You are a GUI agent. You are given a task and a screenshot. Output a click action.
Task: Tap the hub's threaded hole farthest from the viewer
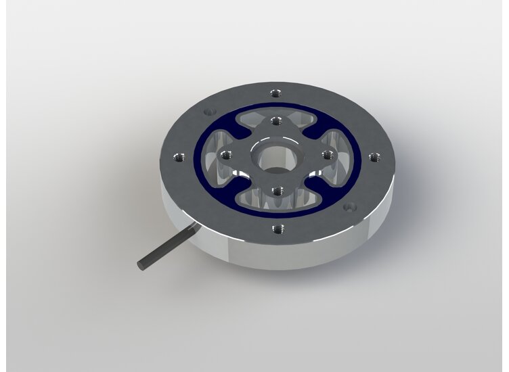click(x=275, y=122)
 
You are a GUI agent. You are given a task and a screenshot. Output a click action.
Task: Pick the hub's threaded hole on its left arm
click(x=224, y=154)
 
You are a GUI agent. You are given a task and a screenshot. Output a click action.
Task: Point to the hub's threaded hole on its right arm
click(x=328, y=155)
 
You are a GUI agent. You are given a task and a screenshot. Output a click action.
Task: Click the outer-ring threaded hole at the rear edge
click(x=273, y=93)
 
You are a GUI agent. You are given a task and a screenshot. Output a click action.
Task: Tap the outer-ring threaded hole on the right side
click(x=373, y=157)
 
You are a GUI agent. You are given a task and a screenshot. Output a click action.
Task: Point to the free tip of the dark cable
click(x=141, y=264)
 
